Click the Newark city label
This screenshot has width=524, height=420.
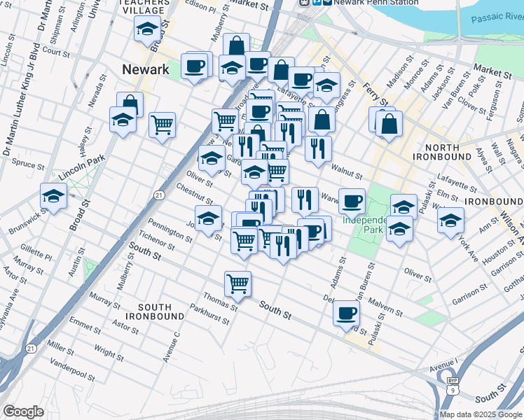(x=146, y=69)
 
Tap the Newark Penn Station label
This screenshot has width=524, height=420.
(x=359, y=3)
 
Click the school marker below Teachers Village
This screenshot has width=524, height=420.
(x=146, y=29)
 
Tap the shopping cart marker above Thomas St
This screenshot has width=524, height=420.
(x=237, y=283)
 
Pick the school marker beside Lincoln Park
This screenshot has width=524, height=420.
(x=53, y=196)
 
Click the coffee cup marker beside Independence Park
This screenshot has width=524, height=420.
(x=352, y=201)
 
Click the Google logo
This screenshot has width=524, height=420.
(x=23, y=412)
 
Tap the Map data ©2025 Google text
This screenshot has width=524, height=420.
(x=481, y=414)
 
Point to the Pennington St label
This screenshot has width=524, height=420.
(x=171, y=233)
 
